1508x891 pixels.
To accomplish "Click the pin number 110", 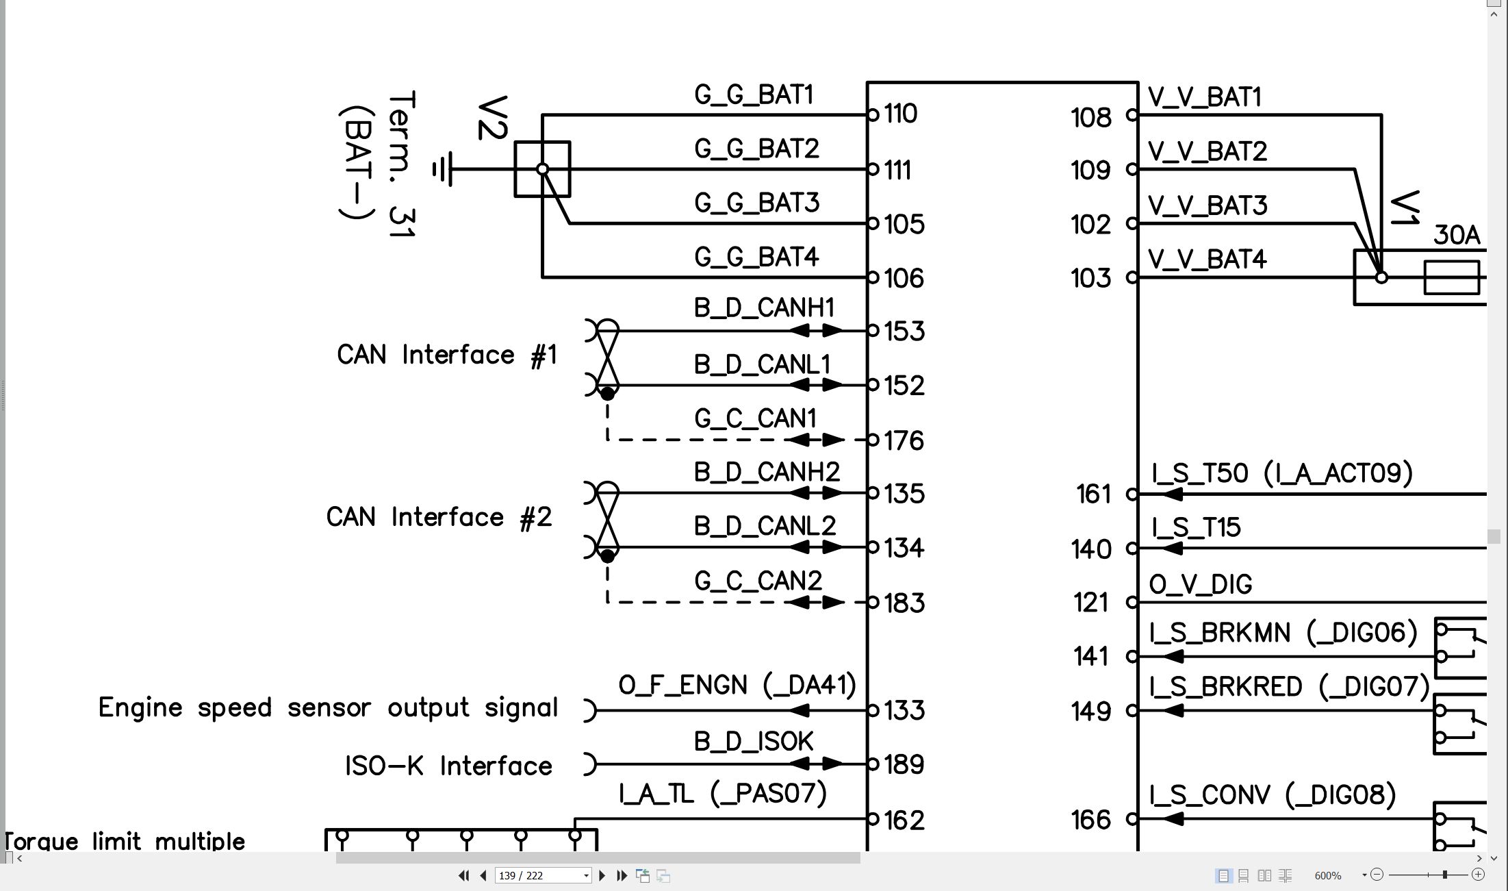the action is (x=900, y=114).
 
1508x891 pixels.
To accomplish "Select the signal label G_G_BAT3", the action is (x=756, y=203).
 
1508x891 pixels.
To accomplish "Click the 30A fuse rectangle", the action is (x=1451, y=277).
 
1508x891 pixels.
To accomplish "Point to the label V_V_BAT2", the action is (x=1207, y=151).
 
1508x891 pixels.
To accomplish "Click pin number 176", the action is (x=904, y=440).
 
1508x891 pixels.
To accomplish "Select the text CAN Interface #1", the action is (x=446, y=355).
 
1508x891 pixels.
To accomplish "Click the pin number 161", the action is (x=1093, y=494).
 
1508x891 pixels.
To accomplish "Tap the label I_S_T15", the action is (x=1196, y=527).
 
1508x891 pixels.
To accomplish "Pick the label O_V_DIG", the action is (x=1201, y=584).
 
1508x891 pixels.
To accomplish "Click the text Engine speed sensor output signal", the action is (x=329, y=707).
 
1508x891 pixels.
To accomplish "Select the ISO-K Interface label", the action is (x=448, y=766).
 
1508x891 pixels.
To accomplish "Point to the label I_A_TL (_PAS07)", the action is (x=723, y=794).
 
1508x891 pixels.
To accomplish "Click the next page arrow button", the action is (x=602, y=875).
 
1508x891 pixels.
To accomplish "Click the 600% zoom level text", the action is (x=1328, y=876).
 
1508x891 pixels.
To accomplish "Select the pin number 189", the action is (x=904, y=764).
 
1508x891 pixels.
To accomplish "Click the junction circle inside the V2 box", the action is (x=542, y=169).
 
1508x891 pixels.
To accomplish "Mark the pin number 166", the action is (x=1091, y=819).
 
